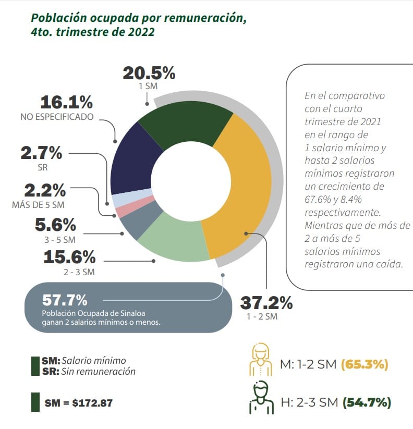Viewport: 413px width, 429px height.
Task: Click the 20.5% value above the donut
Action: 149,73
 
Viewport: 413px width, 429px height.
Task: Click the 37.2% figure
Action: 266,303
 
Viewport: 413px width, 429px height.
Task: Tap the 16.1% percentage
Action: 67,102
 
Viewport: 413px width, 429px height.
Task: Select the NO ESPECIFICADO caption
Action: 57,117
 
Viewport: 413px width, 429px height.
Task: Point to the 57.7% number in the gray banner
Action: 65,300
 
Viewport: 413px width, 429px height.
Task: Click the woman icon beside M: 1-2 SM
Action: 261,359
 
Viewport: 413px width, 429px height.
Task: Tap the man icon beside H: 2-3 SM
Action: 261,397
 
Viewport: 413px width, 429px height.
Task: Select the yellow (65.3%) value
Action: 365,364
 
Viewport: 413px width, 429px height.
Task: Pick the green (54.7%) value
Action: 367,402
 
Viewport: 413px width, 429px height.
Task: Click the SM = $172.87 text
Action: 79,403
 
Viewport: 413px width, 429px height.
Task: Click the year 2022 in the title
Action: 141,32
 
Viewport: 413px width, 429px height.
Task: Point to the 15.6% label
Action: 69,257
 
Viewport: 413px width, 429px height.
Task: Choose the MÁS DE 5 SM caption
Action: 38,205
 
